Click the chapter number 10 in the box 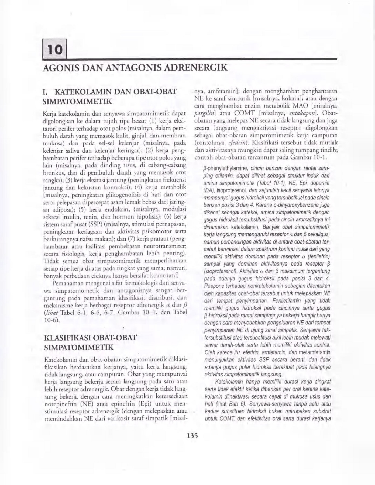pyautogui.click(x=55, y=50)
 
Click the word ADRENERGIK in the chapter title pyautogui.click(x=197, y=67)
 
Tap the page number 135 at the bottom pyautogui.click(x=192, y=442)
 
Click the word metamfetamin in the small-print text pyautogui.click(x=317, y=352)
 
